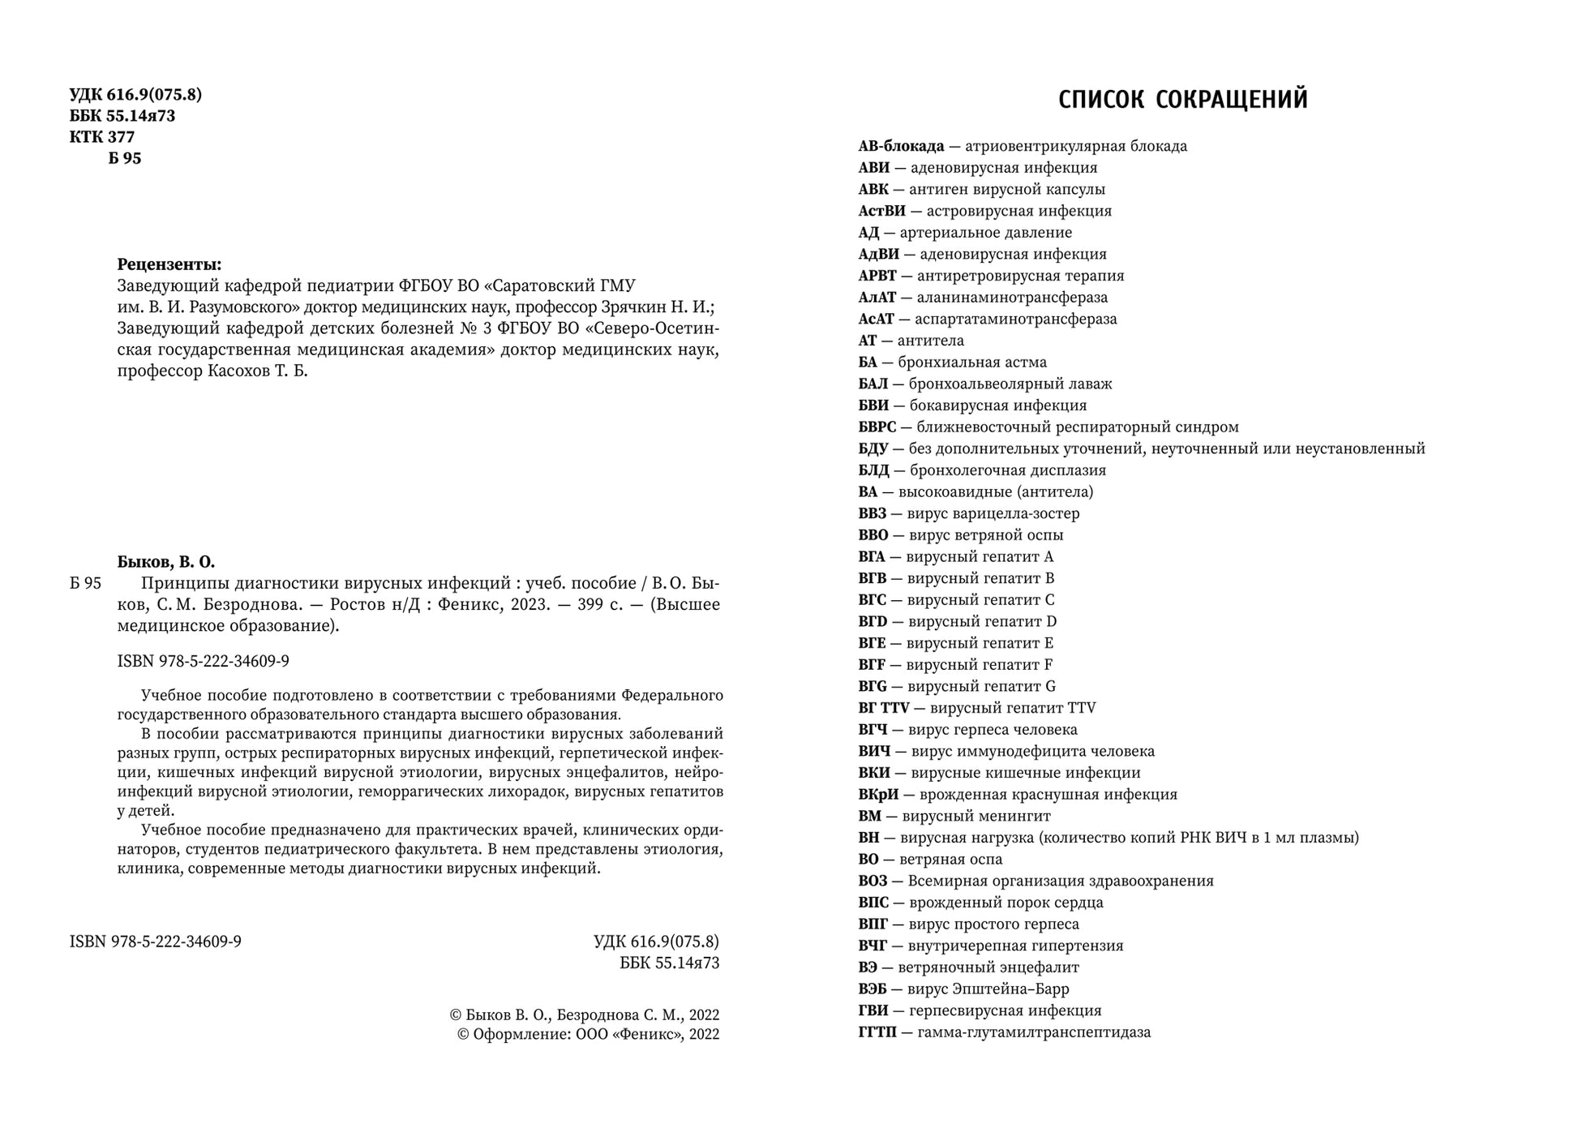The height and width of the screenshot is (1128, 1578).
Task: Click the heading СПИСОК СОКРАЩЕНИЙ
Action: pyautogui.click(x=1183, y=100)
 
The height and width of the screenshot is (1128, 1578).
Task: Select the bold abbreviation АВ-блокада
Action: pyautogui.click(x=901, y=147)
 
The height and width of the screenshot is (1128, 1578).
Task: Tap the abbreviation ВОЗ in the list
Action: pyautogui.click(x=873, y=881)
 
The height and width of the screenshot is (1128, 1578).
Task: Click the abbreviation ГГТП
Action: pyautogui.click(x=877, y=1033)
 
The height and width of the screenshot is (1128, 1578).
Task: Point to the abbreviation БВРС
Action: pyautogui.click(x=877, y=427)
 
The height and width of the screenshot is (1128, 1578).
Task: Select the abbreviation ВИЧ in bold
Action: pyautogui.click(x=874, y=752)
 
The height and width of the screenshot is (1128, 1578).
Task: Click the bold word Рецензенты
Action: pyautogui.click(x=169, y=264)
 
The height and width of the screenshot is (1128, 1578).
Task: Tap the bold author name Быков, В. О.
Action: pyautogui.click(x=166, y=562)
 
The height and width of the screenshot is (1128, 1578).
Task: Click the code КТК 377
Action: pyautogui.click(x=102, y=137)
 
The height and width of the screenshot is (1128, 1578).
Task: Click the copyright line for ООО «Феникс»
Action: pyautogui.click(x=588, y=1035)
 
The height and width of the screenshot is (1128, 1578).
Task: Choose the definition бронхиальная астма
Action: pyautogui.click(x=971, y=362)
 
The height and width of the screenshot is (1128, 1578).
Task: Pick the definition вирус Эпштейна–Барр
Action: pyautogui.click(x=988, y=989)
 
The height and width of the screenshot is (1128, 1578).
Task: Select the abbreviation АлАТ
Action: pyautogui.click(x=877, y=298)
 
